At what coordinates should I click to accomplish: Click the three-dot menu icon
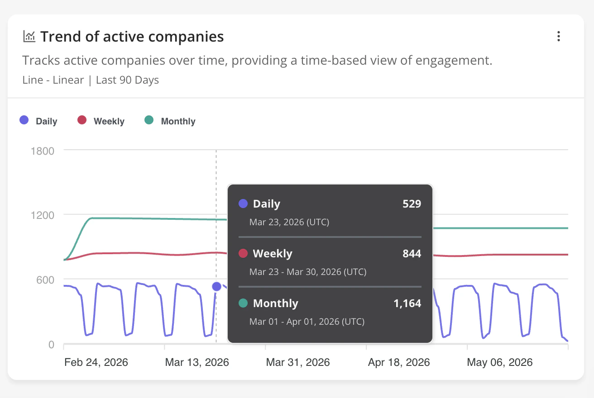559,36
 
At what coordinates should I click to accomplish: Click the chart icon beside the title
29,36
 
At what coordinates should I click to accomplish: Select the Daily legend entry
38,121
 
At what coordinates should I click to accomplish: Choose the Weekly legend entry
101,121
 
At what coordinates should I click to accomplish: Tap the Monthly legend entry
170,121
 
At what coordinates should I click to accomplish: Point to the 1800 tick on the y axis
43,151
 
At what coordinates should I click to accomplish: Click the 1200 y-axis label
43,215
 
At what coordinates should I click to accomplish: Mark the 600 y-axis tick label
45,280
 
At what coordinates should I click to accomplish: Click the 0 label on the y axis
52,345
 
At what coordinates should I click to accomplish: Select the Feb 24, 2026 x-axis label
96,362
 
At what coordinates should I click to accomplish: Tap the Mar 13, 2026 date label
197,362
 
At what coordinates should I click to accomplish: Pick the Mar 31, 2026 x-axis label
298,362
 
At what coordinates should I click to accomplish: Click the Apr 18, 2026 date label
399,362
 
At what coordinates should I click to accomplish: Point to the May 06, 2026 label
499,362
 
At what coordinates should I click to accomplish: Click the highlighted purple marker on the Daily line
217,286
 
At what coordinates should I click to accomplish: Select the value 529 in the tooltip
412,204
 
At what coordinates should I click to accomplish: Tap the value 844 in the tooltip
412,254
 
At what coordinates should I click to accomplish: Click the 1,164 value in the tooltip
407,303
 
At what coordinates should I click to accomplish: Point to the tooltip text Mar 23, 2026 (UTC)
289,222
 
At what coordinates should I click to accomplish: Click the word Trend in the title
61,37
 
